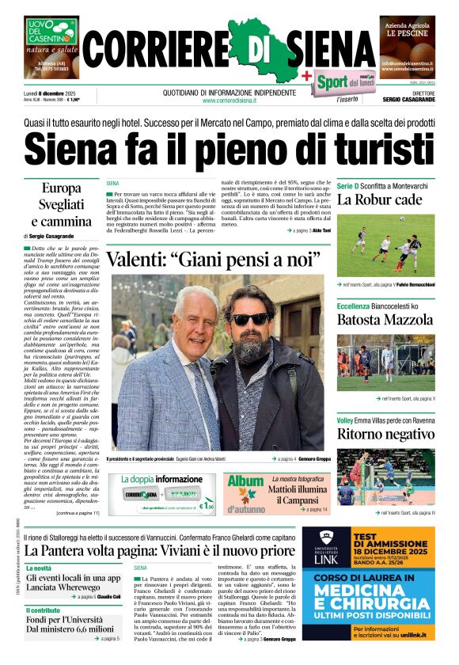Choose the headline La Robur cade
380,199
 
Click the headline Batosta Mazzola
385,320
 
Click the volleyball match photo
385,476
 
